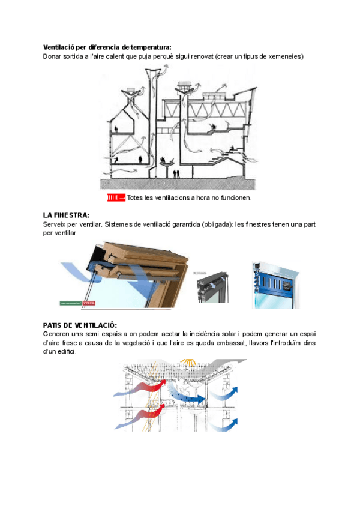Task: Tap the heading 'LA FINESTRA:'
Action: click(x=66, y=215)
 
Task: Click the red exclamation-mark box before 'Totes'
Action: click(x=116, y=197)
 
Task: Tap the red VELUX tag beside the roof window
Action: click(x=89, y=303)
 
